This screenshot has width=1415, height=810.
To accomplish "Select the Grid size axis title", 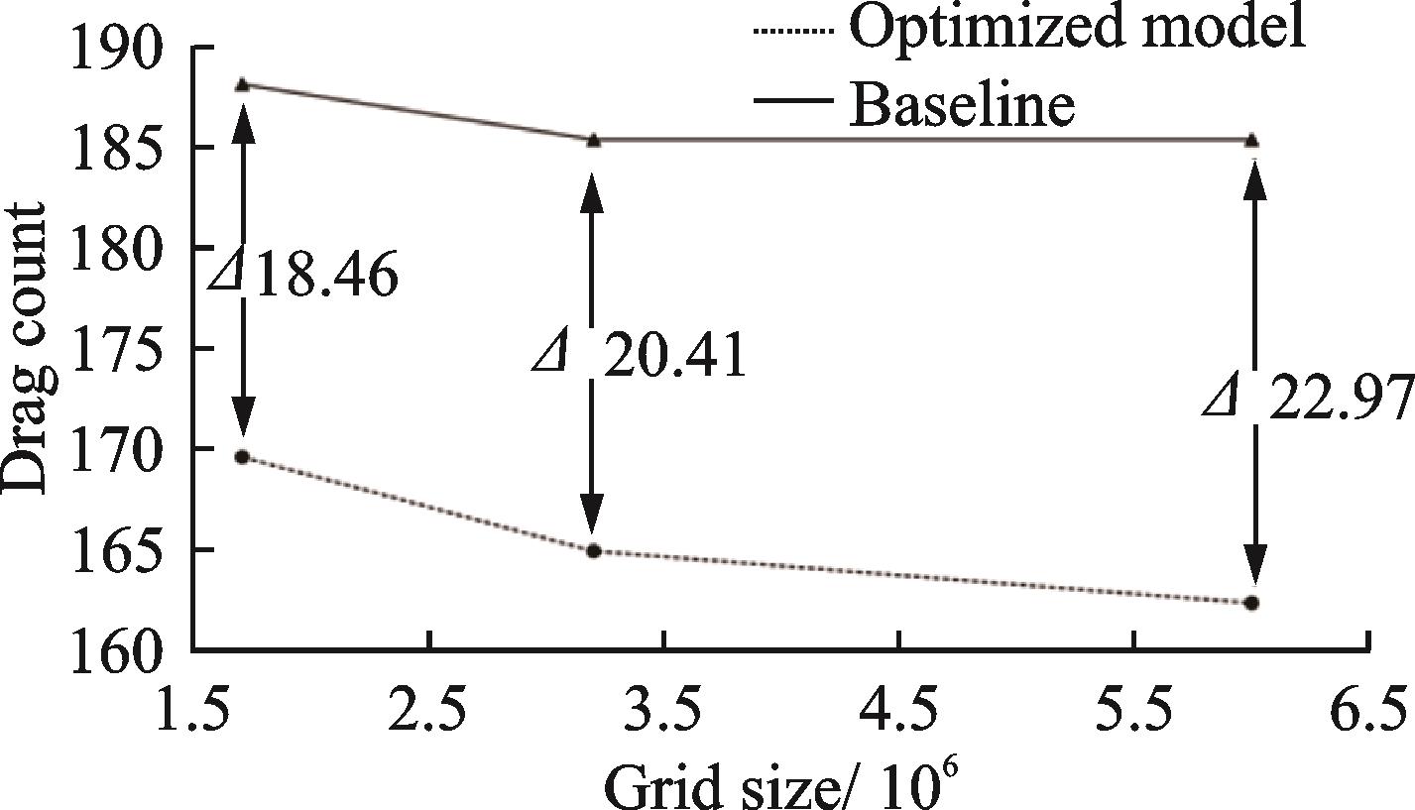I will [779, 783].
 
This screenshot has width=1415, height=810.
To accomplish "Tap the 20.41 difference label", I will [640, 357].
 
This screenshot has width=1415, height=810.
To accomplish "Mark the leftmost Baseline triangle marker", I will [241, 84].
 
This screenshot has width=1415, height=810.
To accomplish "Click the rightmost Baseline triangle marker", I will [1252, 139].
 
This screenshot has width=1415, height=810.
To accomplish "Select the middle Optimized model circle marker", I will [593, 551].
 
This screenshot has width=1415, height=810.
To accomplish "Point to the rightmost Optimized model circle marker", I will [1252, 603].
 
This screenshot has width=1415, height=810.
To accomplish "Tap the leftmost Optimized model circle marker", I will [241, 457].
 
